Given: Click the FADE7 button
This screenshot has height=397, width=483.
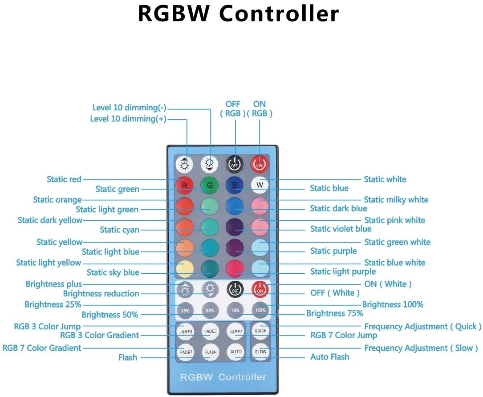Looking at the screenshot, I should [x=186, y=352].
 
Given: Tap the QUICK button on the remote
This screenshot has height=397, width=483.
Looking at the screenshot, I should [x=260, y=331].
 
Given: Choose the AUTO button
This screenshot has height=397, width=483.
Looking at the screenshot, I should [x=236, y=352].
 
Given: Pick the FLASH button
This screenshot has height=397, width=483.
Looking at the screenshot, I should [x=211, y=352].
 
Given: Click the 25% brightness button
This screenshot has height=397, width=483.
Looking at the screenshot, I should [x=186, y=311].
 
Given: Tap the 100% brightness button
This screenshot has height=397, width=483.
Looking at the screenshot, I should [x=260, y=311].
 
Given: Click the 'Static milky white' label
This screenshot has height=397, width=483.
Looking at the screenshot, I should [x=396, y=200].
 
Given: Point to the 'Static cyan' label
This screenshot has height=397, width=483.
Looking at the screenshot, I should [x=119, y=230].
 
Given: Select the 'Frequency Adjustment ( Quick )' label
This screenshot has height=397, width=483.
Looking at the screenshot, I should [x=423, y=327].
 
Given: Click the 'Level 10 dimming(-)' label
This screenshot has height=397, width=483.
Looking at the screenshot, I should [x=129, y=108].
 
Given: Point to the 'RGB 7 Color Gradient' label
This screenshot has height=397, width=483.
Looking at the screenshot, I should [x=42, y=348].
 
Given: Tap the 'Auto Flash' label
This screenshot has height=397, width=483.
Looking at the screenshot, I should [x=329, y=357].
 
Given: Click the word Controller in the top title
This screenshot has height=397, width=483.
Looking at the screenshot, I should [x=279, y=14].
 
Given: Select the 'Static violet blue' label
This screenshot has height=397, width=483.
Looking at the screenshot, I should [x=341, y=229].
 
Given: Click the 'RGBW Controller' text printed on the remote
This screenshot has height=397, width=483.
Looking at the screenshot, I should [x=223, y=377].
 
